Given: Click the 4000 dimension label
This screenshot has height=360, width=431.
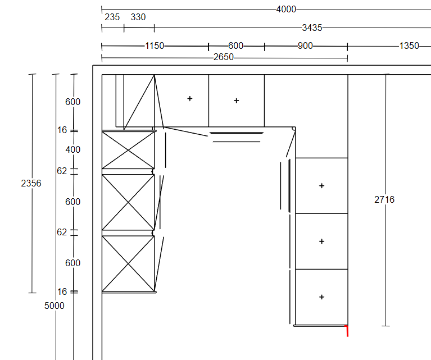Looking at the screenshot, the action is (286, 10).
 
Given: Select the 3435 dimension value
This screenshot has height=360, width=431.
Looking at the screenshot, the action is (312, 28).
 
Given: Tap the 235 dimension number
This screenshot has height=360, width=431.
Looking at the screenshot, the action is (112, 17).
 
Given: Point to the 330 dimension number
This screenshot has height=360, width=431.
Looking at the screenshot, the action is (138, 17).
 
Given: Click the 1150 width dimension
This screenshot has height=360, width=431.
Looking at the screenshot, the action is (155, 45).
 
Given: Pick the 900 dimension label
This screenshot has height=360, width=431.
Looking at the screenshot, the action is (305, 45).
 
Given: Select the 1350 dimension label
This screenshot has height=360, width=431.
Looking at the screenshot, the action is (409, 45).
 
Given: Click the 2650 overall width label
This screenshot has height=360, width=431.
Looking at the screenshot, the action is (224, 57).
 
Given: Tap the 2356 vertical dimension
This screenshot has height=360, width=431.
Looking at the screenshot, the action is (31, 183).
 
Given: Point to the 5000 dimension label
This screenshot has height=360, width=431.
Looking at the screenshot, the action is (54, 306).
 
